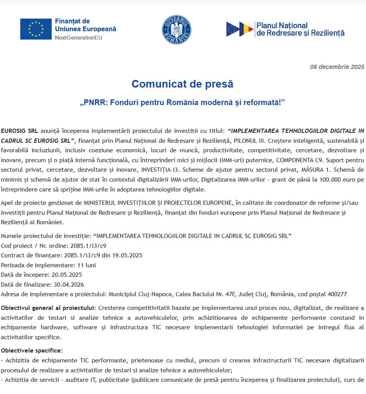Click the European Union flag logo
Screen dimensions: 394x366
(36, 29)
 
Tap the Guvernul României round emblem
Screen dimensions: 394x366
(177, 29)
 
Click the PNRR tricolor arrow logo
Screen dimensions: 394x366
(240, 29)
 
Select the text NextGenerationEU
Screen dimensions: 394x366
(79, 38)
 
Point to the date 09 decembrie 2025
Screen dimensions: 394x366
(337, 67)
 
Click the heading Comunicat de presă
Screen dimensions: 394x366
(182, 84)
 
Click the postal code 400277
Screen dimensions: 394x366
(337, 294)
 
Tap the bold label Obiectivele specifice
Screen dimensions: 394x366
(31, 350)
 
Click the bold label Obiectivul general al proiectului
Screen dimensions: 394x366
(48, 308)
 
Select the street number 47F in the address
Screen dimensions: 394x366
(231, 294)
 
